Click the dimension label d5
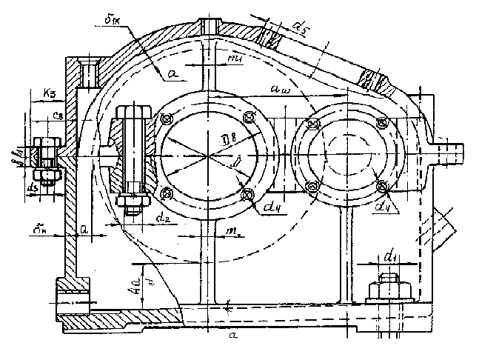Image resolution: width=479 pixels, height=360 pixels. point(301,29)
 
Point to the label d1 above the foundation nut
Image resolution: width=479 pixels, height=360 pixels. point(390,256)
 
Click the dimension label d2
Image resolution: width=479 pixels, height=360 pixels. point(165,216)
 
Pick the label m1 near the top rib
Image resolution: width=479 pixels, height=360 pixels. point(236,57)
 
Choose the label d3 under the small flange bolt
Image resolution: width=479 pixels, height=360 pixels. point(33,189)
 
